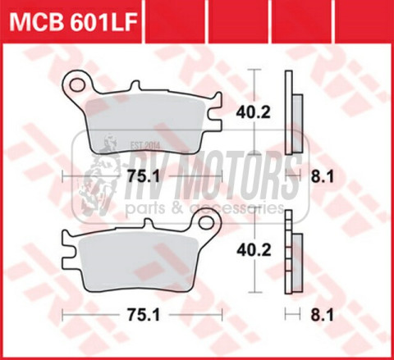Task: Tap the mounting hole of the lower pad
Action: (207, 225)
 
